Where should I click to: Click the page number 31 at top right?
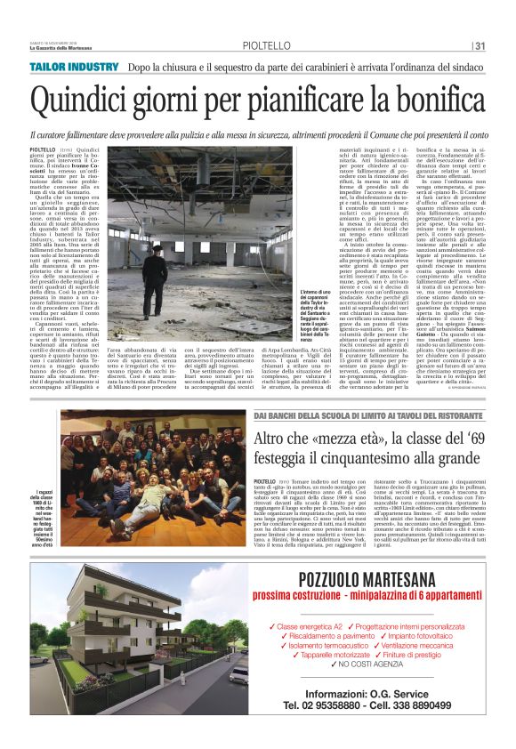point(480,46)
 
